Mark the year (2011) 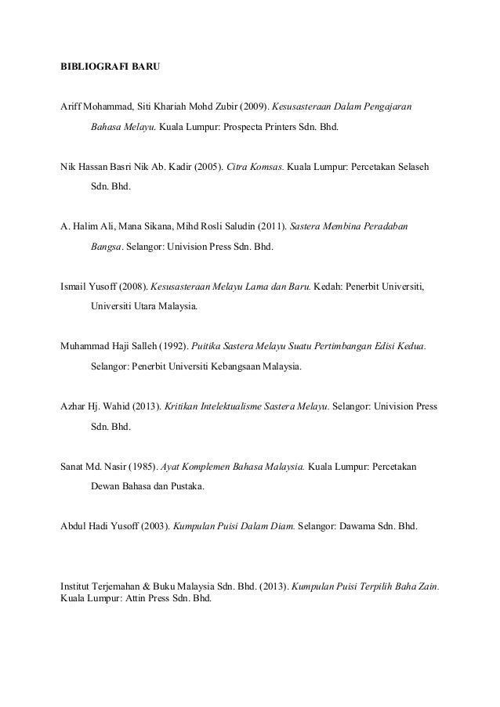pos(270,229)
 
